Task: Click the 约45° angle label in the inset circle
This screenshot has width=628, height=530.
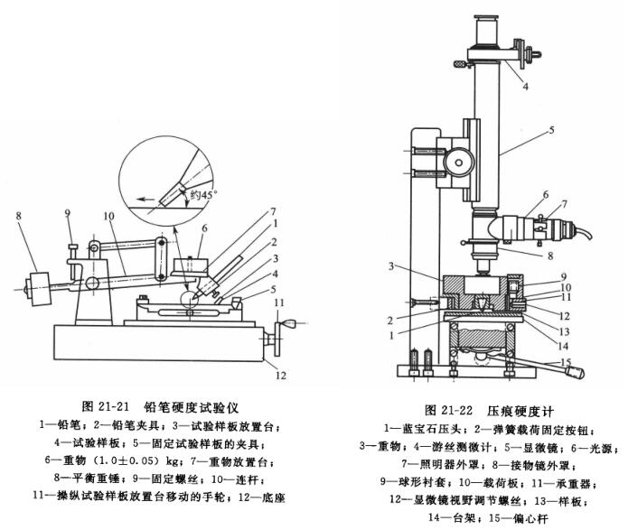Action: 204,192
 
